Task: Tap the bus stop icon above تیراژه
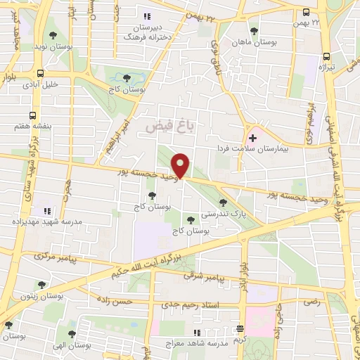pyautogui.click(x=326, y=57)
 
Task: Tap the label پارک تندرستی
pyautogui.click(x=219, y=213)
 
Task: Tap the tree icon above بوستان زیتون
pyautogui.click(x=41, y=285)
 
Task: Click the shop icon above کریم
pyautogui.click(x=240, y=328)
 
